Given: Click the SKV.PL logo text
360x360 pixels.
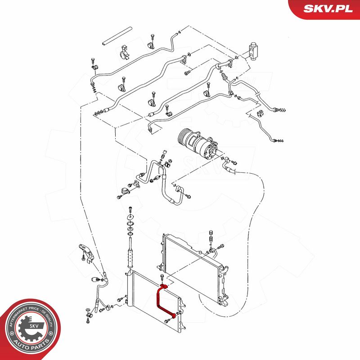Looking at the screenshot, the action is (x=328, y=9).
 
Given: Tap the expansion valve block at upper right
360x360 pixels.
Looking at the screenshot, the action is (x=253, y=50).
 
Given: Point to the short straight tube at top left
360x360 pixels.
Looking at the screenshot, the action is (x=117, y=36).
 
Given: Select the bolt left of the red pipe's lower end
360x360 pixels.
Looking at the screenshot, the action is (x=167, y=321).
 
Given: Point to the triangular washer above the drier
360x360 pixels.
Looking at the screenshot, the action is (x=130, y=217).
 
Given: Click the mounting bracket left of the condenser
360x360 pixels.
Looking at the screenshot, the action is (x=86, y=252).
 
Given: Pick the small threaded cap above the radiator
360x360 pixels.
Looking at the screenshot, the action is (x=211, y=232).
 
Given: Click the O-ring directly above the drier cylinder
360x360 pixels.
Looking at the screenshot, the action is (x=130, y=234).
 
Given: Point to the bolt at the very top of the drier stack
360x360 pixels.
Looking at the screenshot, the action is (x=130, y=209).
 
